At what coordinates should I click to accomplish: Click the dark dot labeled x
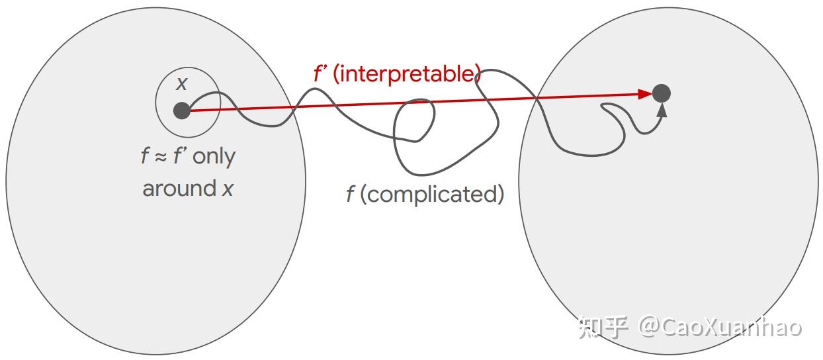tap(182, 111)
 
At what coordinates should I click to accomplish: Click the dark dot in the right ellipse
tap(662, 93)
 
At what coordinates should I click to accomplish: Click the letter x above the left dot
tap(182, 84)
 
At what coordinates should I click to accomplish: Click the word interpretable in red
tap(407, 74)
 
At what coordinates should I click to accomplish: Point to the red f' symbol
tap(320, 74)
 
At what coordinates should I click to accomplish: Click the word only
tap(214, 157)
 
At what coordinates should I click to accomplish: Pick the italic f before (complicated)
tap(350, 195)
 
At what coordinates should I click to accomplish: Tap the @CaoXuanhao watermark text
tap(720, 327)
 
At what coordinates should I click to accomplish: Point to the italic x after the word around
tap(228, 189)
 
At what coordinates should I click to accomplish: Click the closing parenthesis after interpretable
tap(477, 74)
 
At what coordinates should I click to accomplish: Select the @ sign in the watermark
tap(650, 327)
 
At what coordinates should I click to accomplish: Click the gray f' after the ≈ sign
tap(179, 157)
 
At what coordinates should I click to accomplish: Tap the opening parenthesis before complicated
tap(364, 195)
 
